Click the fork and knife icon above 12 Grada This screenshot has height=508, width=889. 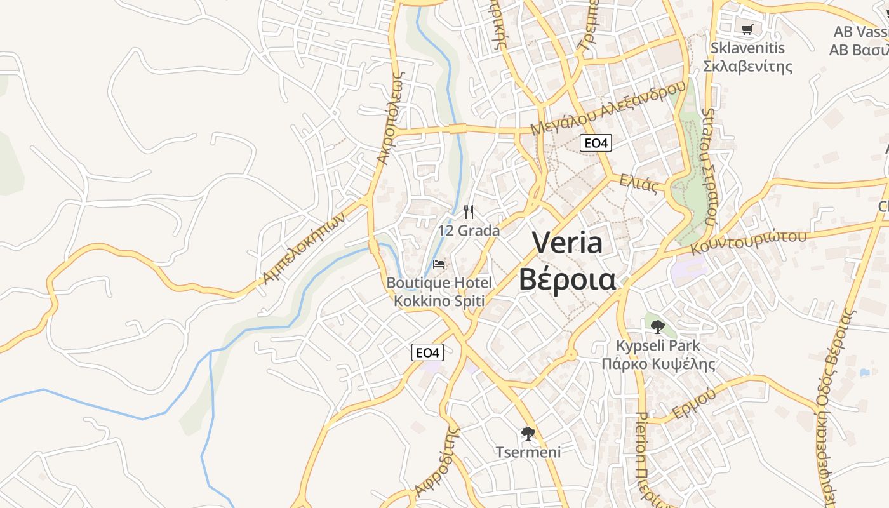pyautogui.click(x=469, y=212)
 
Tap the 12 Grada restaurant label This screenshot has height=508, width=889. pyautogui.click(x=469, y=231)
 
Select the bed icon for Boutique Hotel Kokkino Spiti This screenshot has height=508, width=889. pyautogui.click(x=439, y=264)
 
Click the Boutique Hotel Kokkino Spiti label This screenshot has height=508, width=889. pyautogui.click(x=439, y=291)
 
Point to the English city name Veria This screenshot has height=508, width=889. pyautogui.click(x=567, y=243)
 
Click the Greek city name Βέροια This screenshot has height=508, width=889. pyautogui.click(x=567, y=279)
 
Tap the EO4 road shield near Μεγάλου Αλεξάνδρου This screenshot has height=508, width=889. pyautogui.click(x=596, y=144)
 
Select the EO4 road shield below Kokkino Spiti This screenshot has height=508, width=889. pyautogui.click(x=427, y=352)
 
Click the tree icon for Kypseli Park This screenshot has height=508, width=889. pyautogui.click(x=658, y=327)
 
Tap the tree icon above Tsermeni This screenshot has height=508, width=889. pyautogui.click(x=528, y=434)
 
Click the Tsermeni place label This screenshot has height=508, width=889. pyautogui.click(x=528, y=452)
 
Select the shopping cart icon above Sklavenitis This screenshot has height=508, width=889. pyautogui.click(x=747, y=29)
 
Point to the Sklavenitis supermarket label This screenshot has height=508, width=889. pyautogui.click(x=748, y=57)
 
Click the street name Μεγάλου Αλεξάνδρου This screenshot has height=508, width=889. pyautogui.click(x=608, y=108)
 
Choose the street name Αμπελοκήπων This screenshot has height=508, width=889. pyautogui.click(x=305, y=248)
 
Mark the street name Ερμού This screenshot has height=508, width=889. pyautogui.click(x=694, y=403)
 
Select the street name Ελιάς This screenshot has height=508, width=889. pyautogui.click(x=639, y=184)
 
